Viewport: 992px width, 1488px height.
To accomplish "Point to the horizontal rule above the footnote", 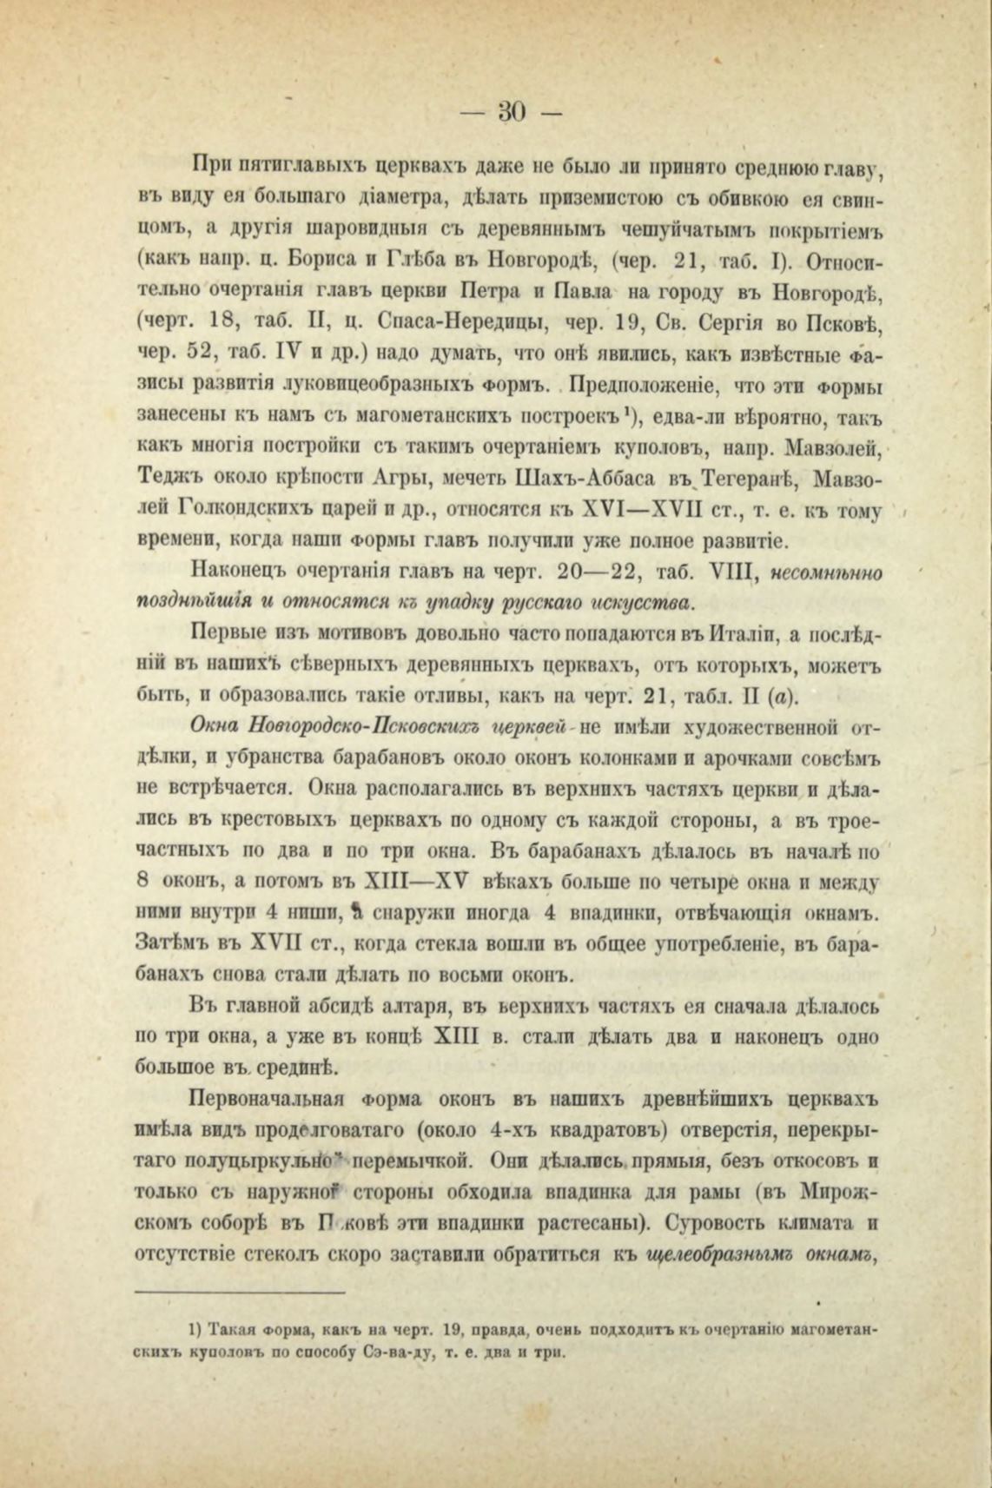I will tap(241, 1293).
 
